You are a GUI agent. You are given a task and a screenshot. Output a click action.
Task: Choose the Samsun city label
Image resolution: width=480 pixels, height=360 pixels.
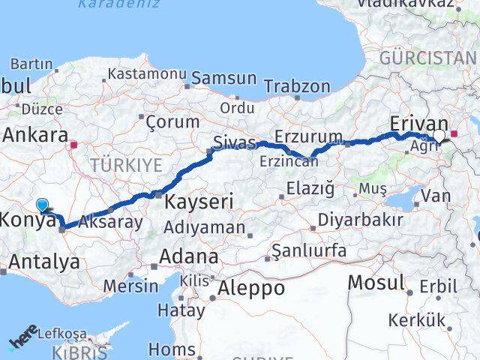click(224, 78)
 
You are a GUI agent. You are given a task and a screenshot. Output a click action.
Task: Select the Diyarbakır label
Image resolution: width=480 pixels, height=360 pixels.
click(360, 220)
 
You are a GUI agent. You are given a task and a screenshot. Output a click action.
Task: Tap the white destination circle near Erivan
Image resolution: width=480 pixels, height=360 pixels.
click(439, 136)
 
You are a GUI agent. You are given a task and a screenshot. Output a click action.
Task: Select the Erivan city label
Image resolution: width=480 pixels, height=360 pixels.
click(419, 124)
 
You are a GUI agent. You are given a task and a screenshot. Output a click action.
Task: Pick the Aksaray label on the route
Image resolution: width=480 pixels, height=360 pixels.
click(110, 222)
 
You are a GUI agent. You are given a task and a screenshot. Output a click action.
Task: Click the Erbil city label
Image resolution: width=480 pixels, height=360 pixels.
click(438, 286)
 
